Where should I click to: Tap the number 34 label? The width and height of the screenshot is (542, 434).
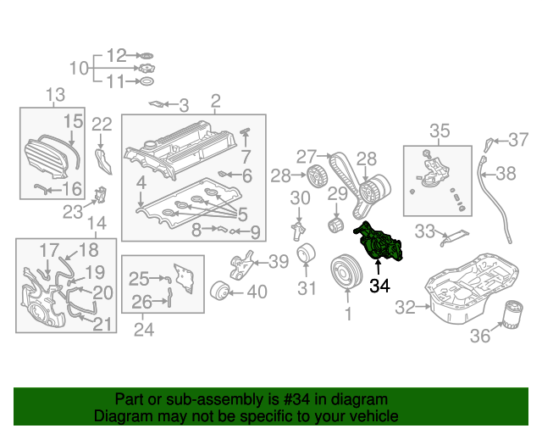[x=379, y=287]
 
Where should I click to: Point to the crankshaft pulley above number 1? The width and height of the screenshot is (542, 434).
[x=346, y=273]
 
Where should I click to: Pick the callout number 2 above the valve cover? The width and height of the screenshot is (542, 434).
[x=215, y=102]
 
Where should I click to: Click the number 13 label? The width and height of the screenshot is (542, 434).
[x=55, y=94]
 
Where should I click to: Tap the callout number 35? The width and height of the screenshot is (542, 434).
[x=440, y=131]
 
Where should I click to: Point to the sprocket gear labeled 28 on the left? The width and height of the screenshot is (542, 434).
[x=315, y=177]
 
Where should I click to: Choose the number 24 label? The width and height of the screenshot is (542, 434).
[x=145, y=330]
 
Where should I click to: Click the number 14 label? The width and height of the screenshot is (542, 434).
[x=97, y=224]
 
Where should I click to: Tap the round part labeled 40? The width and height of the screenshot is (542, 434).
[x=222, y=291]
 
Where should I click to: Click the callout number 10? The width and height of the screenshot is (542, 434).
[x=78, y=69]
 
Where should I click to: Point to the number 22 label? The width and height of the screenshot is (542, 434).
[x=102, y=125]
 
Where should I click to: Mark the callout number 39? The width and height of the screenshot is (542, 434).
[x=278, y=262]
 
